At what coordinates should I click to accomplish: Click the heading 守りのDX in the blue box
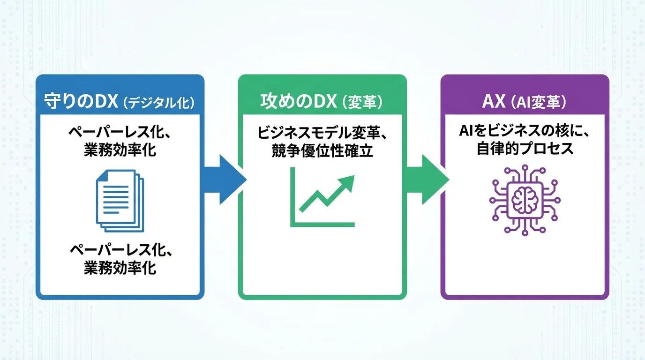(80, 102)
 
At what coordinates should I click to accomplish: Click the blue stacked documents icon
(120, 201)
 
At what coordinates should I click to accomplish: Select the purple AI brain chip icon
(525, 199)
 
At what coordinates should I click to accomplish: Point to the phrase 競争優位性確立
(322, 151)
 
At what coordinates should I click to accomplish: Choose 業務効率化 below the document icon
(120, 268)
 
